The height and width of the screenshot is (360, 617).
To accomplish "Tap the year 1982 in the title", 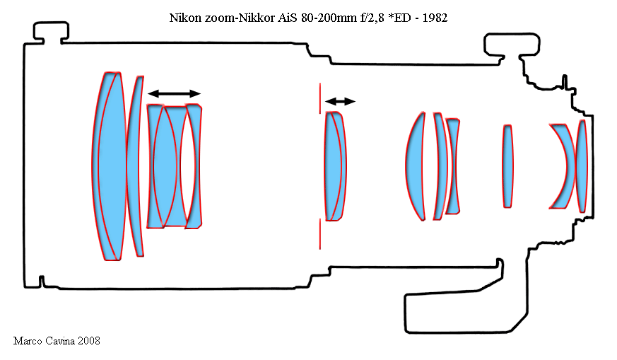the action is (435, 18).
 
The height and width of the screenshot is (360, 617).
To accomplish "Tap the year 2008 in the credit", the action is (89, 341).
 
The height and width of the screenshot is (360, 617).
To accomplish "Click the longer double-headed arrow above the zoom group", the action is (175, 94).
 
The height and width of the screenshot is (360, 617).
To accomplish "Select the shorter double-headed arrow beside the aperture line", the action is (341, 102).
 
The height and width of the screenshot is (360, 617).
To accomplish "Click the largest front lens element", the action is (109, 166).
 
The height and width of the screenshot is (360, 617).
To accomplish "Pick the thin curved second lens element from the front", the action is (135, 166).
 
